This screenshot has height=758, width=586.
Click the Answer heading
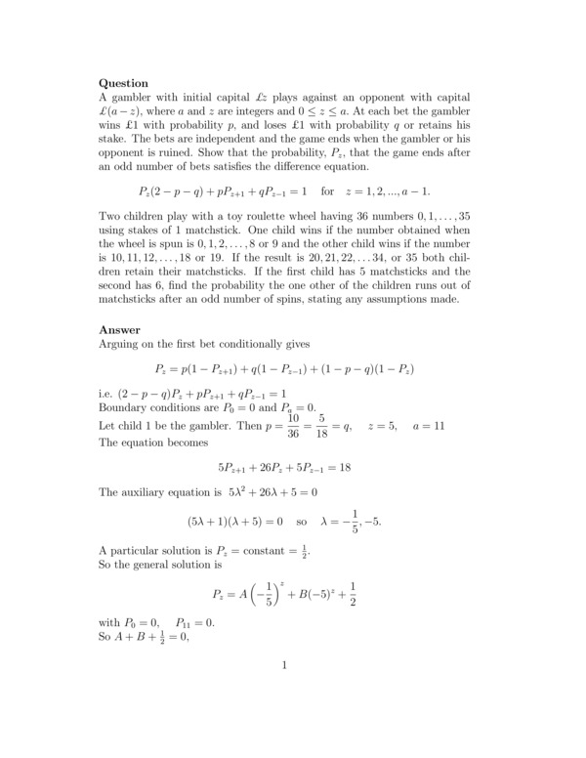click(x=120, y=330)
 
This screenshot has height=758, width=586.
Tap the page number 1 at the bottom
click(x=283, y=667)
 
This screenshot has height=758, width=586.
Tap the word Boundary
click(x=126, y=407)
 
